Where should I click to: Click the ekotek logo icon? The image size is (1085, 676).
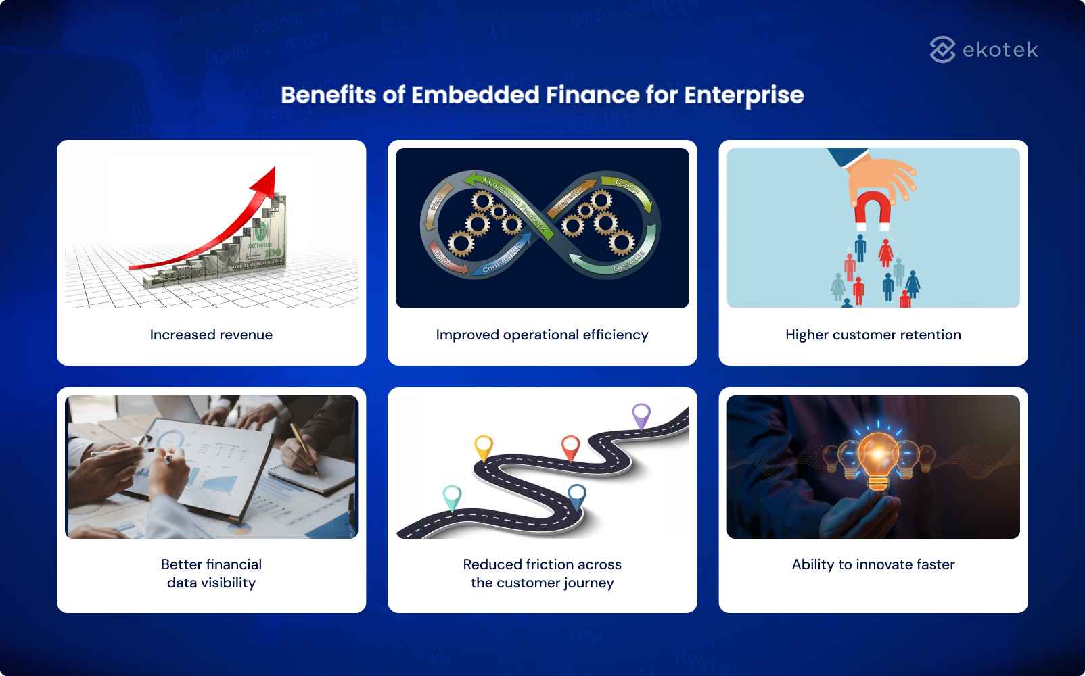pyautogui.click(x=942, y=49)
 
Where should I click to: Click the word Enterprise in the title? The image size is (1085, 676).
pyautogui.click(x=743, y=95)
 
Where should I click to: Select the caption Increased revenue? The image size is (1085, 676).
pyautogui.click(x=211, y=335)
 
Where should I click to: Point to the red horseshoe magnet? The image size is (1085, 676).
pyautogui.click(x=873, y=210)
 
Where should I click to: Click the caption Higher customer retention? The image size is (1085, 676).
pyautogui.click(x=873, y=335)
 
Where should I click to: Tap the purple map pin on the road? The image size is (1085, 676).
pyautogui.click(x=641, y=414)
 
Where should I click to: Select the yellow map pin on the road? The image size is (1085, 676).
pyautogui.click(x=483, y=446)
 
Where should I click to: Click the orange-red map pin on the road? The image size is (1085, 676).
pyautogui.click(x=571, y=446)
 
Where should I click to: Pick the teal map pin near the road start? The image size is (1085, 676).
pyautogui.click(x=451, y=497)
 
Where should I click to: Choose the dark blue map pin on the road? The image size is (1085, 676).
pyautogui.click(x=576, y=496)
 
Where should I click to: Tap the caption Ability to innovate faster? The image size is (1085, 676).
pyautogui.click(x=873, y=564)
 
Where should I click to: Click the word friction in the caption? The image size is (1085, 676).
pyautogui.click(x=551, y=564)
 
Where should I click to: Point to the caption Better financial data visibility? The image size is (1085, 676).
pyautogui.click(x=211, y=573)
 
